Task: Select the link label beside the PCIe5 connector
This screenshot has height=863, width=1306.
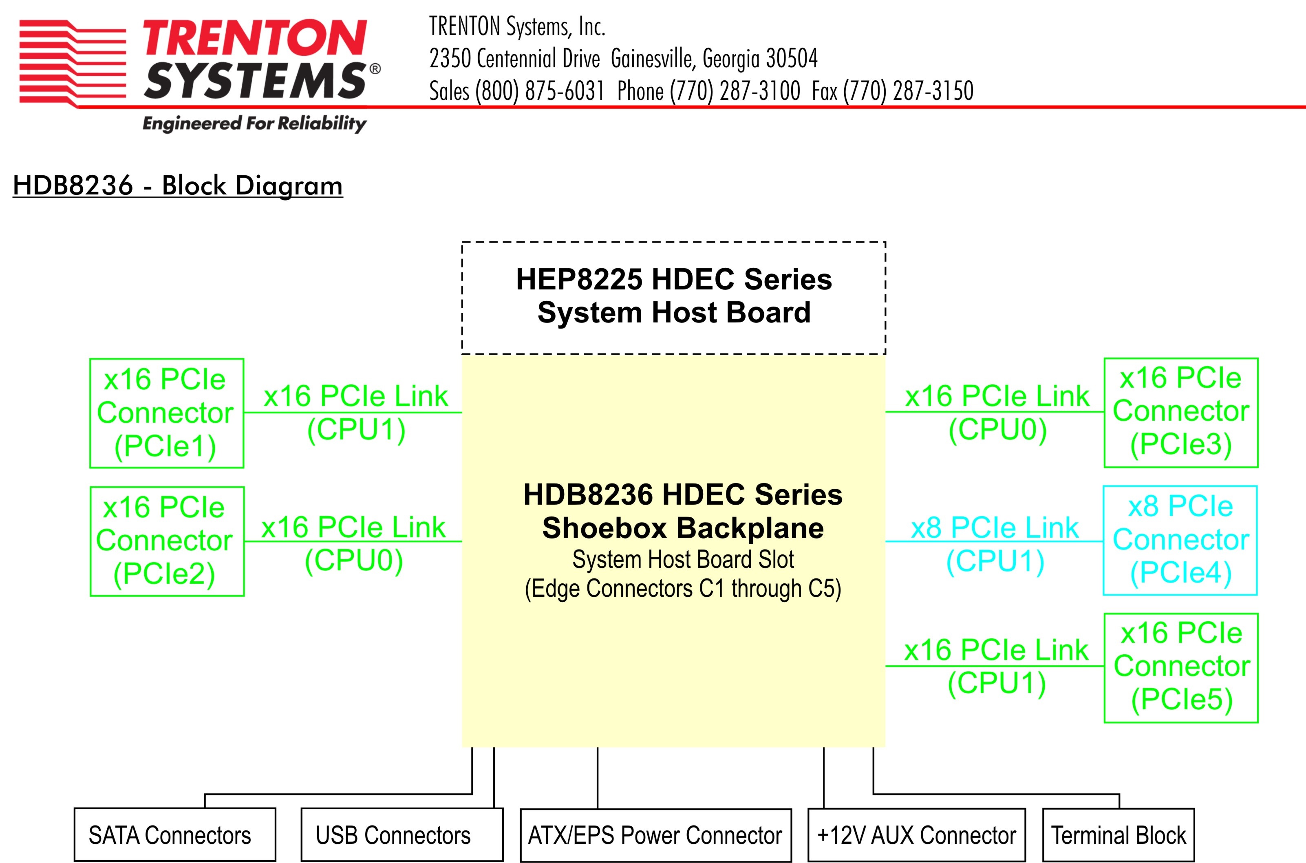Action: click(x=997, y=667)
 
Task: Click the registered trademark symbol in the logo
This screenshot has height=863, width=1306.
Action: click(x=375, y=69)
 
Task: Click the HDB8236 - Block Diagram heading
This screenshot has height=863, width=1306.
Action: click(x=178, y=185)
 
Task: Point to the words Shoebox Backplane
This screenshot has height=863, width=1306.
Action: click(x=683, y=528)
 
